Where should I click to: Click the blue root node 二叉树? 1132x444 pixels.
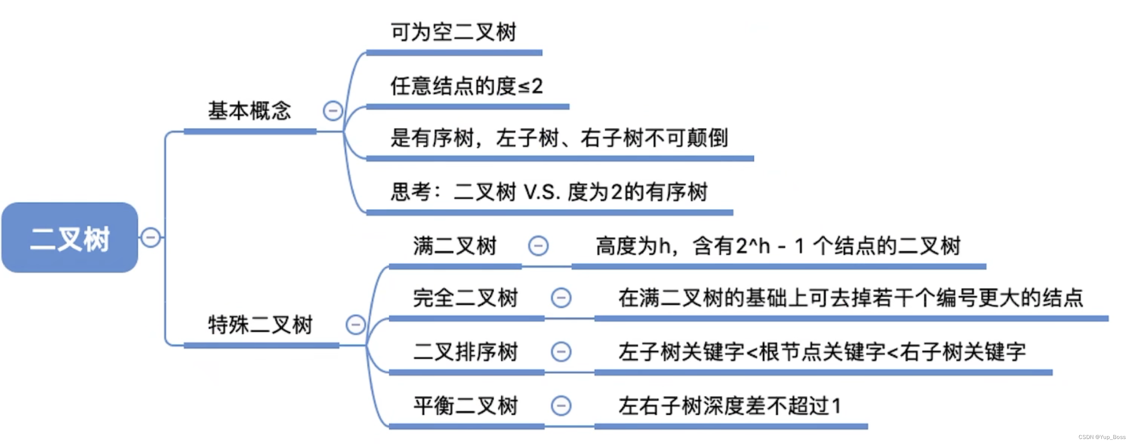(x=69, y=238)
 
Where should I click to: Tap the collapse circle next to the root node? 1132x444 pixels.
(x=150, y=238)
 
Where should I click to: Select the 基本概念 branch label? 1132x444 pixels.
(x=249, y=111)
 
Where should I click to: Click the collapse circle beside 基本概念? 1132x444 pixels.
(x=333, y=111)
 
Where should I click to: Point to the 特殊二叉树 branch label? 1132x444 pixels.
(x=260, y=325)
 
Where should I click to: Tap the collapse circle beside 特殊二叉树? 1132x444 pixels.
(x=355, y=325)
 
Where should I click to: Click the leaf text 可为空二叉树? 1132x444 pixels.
(x=453, y=33)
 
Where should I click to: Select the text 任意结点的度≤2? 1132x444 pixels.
(x=467, y=86)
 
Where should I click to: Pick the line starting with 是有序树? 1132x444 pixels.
(x=559, y=138)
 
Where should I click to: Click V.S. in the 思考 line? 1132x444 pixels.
(x=542, y=192)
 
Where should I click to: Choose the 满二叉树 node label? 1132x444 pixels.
(x=455, y=246)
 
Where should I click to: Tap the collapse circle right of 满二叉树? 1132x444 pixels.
(x=538, y=246)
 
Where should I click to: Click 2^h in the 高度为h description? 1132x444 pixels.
(x=753, y=246)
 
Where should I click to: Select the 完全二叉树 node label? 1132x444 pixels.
(x=466, y=298)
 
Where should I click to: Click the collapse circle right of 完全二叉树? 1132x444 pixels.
(x=561, y=298)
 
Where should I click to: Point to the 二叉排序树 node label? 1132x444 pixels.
(x=466, y=352)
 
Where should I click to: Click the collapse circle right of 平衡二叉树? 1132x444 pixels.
(x=561, y=406)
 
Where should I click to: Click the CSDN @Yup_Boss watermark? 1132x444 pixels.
(x=1102, y=437)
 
